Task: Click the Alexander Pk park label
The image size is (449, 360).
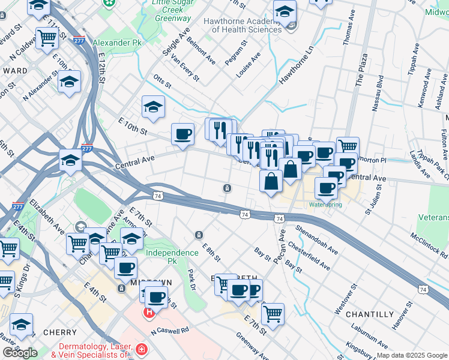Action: point(119,43)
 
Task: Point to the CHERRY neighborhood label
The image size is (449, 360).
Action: point(59,332)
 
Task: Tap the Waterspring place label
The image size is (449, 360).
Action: point(325,205)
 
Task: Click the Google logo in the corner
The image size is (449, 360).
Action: point(20,353)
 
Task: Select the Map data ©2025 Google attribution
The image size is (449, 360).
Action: point(412,355)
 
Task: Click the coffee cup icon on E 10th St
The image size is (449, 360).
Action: point(182,134)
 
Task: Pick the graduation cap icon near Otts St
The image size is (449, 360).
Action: point(153,107)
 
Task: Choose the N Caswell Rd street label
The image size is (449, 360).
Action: point(170,331)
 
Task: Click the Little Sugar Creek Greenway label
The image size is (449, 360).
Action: point(171,11)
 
